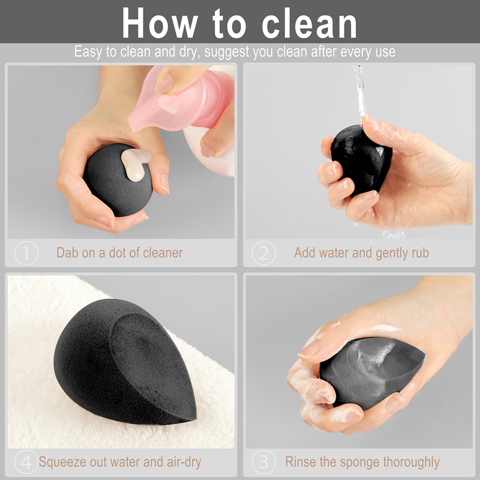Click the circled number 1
(26, 253)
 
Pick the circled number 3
(263, 463)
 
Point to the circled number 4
(26, 463)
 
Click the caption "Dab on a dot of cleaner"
(119, 253)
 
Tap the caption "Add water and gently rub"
(361, 253)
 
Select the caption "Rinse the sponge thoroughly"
(362, 463)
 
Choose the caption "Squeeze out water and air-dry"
(120, 463)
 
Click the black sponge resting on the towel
(120, 360)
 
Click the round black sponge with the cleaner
(114, 180)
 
